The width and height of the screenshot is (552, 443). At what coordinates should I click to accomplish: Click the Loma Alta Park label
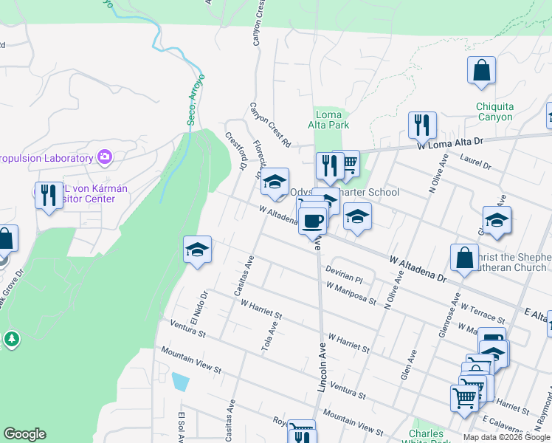click(328, 120)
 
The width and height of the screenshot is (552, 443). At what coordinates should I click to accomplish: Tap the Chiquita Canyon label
click(494, 111)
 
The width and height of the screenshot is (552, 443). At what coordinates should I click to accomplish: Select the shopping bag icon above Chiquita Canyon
click(481, 71)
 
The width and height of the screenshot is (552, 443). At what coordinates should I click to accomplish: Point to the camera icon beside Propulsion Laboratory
click(105, 157)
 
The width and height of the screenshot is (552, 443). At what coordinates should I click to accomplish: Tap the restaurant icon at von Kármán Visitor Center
click(49, 195)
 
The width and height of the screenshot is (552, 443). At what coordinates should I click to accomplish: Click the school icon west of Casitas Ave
click(198, 250)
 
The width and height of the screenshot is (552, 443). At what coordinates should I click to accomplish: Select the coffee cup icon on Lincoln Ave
click(313, 220)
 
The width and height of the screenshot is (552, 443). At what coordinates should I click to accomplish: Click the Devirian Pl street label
click(344, 275)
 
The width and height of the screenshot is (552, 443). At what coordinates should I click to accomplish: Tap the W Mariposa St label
click(351, 292)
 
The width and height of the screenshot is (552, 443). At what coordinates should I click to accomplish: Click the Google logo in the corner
click(24, 434)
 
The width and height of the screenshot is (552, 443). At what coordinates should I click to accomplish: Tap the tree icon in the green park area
click(11, 340)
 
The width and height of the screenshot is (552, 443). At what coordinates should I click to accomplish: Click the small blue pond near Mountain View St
click(180, 382)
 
